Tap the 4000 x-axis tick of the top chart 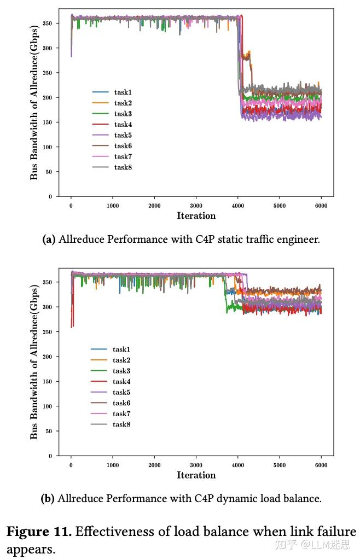237,205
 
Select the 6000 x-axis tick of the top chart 321,205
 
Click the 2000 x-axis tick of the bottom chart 154,465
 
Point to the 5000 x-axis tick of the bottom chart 279,465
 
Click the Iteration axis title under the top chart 196,215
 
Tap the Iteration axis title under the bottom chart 196,475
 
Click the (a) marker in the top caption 49,239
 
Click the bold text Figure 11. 39,531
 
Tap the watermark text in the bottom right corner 321,545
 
